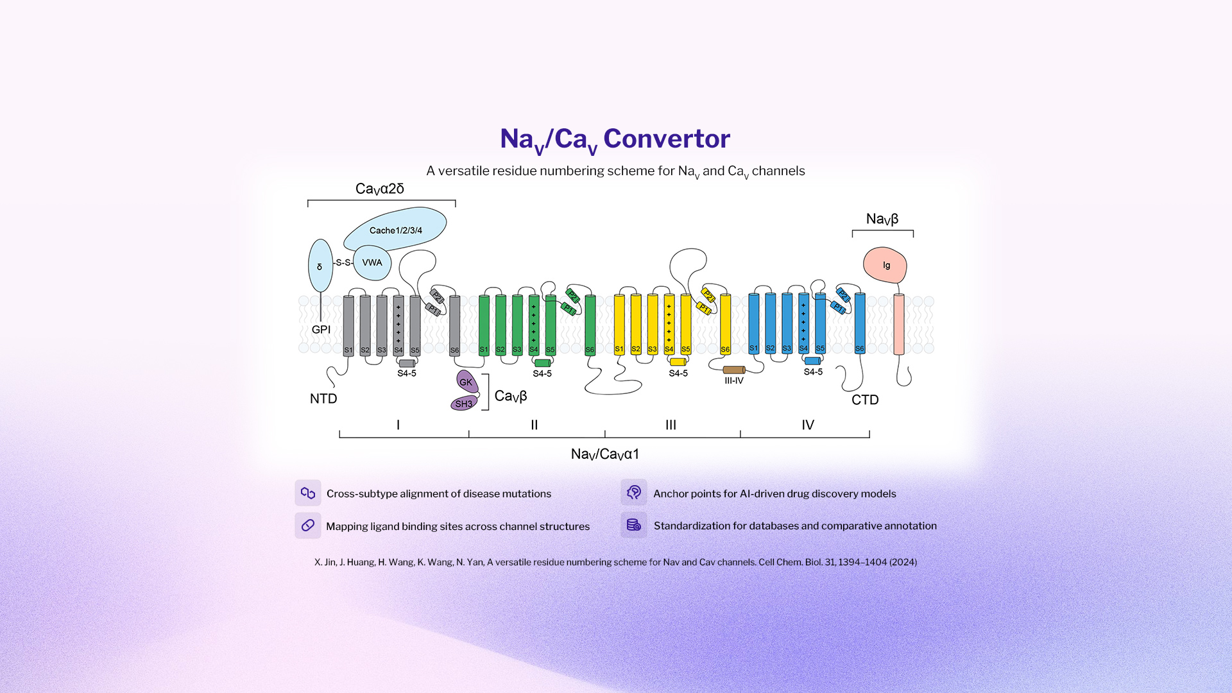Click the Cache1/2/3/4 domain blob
coord(395,230)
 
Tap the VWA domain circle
coord(372,262)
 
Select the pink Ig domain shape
coord(886,265)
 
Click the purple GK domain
coord(466,382)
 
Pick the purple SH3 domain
coord(463,404)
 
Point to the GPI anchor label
coord(321,329)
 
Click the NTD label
coord(323,398)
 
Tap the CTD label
coord(865,400)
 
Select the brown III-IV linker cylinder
coord(733,370)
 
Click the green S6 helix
coord(590,324)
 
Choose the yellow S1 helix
coord(619,324)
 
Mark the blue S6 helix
coord(860,323)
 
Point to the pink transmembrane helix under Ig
coord(899,324)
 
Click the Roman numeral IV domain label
coord(807,425)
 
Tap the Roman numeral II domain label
coord(534,425)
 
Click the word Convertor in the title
coord(666,139)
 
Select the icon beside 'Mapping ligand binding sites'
coord(308,526)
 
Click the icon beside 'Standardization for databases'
coord(634,525)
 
